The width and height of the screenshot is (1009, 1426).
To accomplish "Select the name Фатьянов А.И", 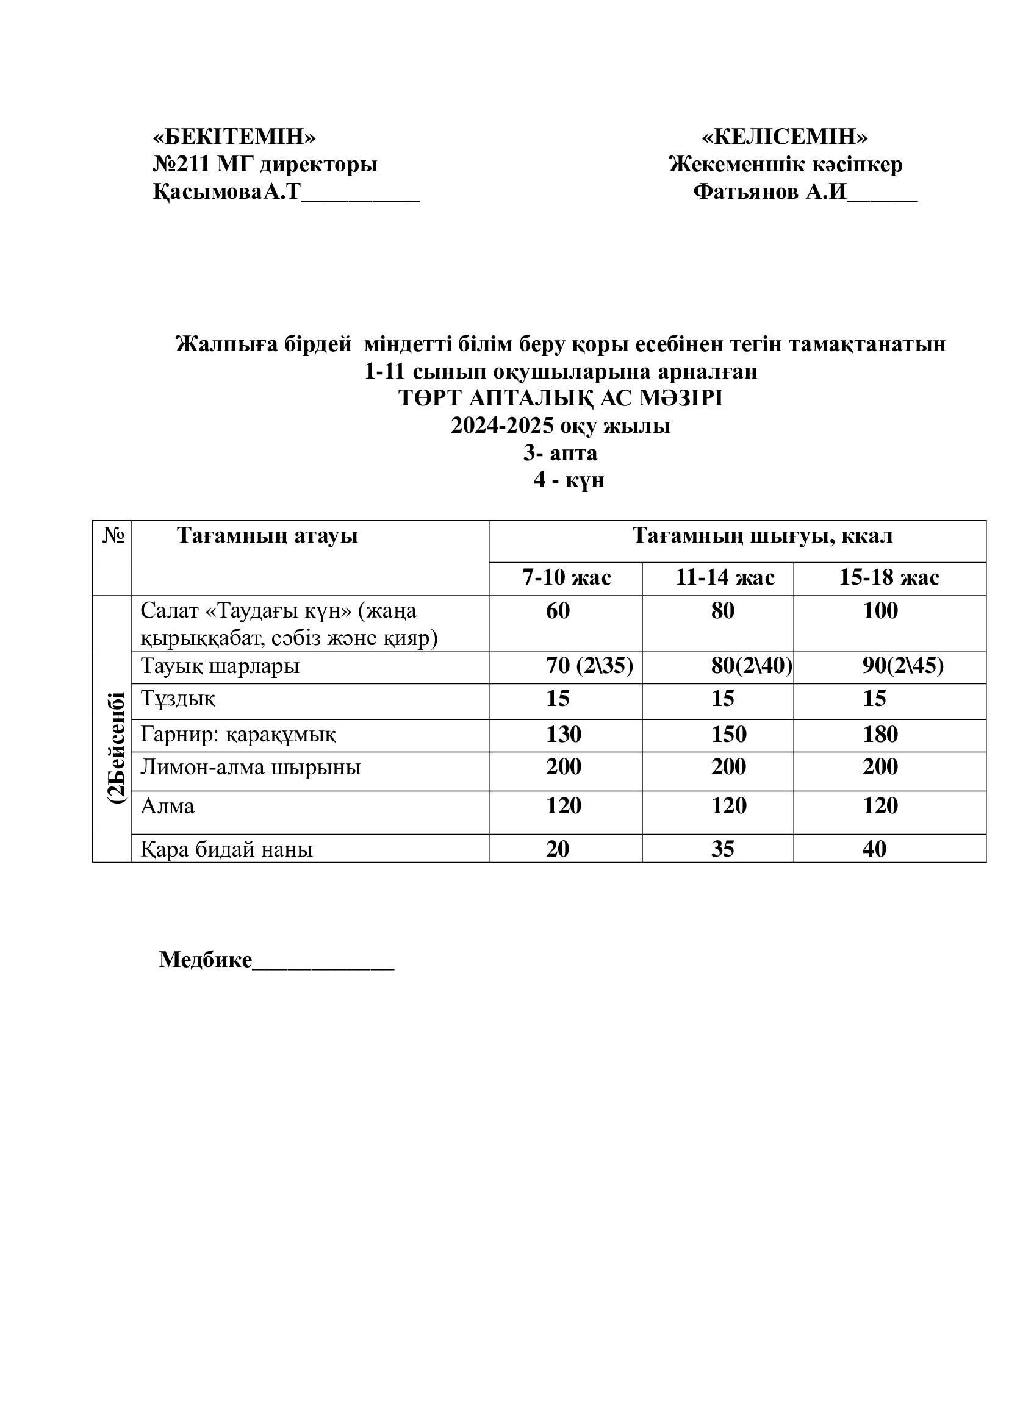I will click(x=770, y=192).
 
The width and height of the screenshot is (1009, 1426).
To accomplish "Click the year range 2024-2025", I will click(x=502, y=426).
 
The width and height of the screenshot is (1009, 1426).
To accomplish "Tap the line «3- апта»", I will click(x=561, y=453).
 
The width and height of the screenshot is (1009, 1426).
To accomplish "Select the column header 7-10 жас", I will click(x=566, y=577).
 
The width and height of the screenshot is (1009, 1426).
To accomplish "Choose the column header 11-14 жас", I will click(x=725, y=577).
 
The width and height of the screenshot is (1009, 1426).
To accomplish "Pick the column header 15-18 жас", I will click(x=889, y=577).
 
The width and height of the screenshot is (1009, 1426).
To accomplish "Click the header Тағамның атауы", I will click(x=267, y=535).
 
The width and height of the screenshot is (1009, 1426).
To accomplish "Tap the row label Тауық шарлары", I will click(x=220, y=666).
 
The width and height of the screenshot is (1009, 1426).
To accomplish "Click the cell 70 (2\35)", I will click(x=589, y=666).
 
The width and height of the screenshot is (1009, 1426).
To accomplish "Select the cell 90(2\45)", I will click(x=902, y=666).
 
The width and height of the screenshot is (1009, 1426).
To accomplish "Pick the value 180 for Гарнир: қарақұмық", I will click(x=880, y=735).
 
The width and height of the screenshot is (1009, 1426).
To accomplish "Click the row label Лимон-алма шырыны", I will click(x=250, y=768).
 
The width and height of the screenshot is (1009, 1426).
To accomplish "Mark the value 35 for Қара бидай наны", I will click(x=722, y=849).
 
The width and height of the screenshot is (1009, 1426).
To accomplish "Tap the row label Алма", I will click(x=167, y=806).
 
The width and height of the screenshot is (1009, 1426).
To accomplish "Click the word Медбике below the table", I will click(x=206, y=960).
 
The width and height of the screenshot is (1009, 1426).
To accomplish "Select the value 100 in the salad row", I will click(x=880, y=611).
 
